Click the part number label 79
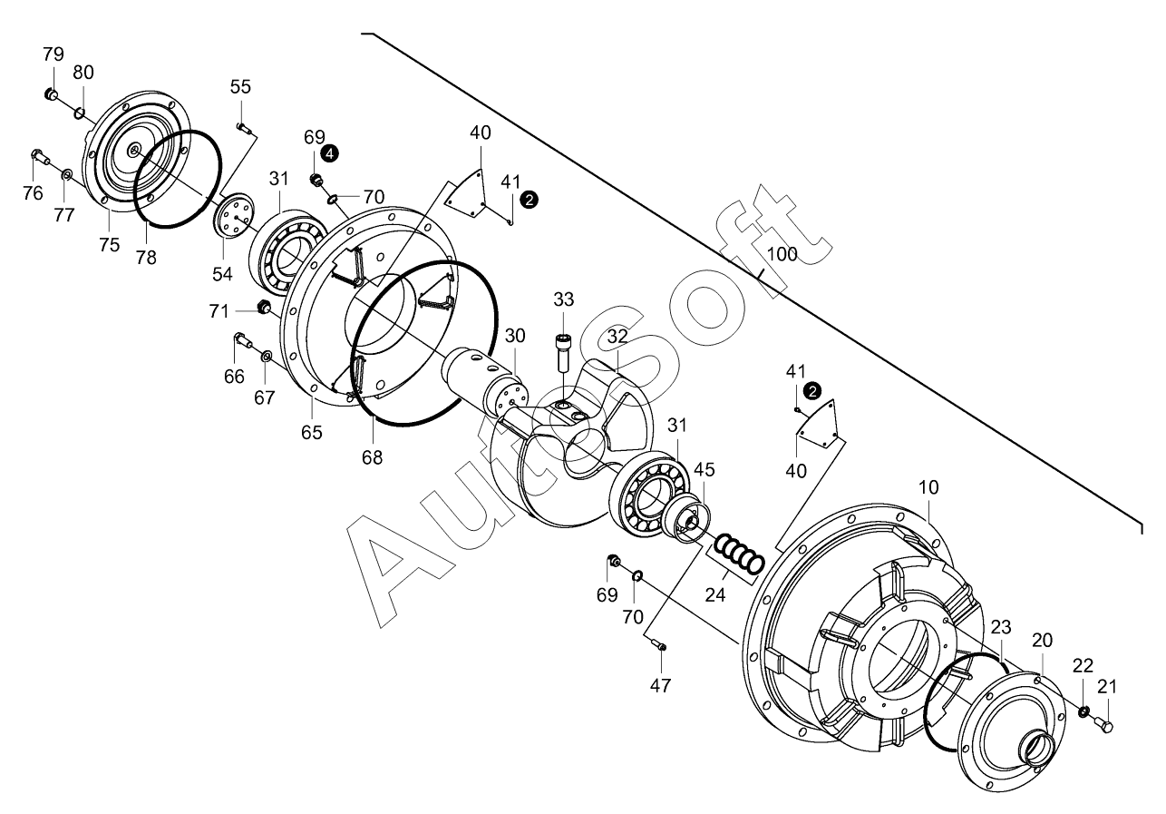click(x=53, y=54)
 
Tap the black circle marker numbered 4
click(x=330, y=153)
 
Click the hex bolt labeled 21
click(x=1104, y=723)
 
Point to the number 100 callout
click(x=782, y=254)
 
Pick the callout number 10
click(x=928, y=487)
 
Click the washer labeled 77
click(x=67, y=173)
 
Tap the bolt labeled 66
click(x=243, y=340)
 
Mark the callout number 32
click(x=617, y=336)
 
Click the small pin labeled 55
click(x=242, y=127)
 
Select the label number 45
click(x=704, y=469)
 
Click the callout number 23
click(x=1000, y=627)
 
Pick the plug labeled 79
click(x=52, y=94)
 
